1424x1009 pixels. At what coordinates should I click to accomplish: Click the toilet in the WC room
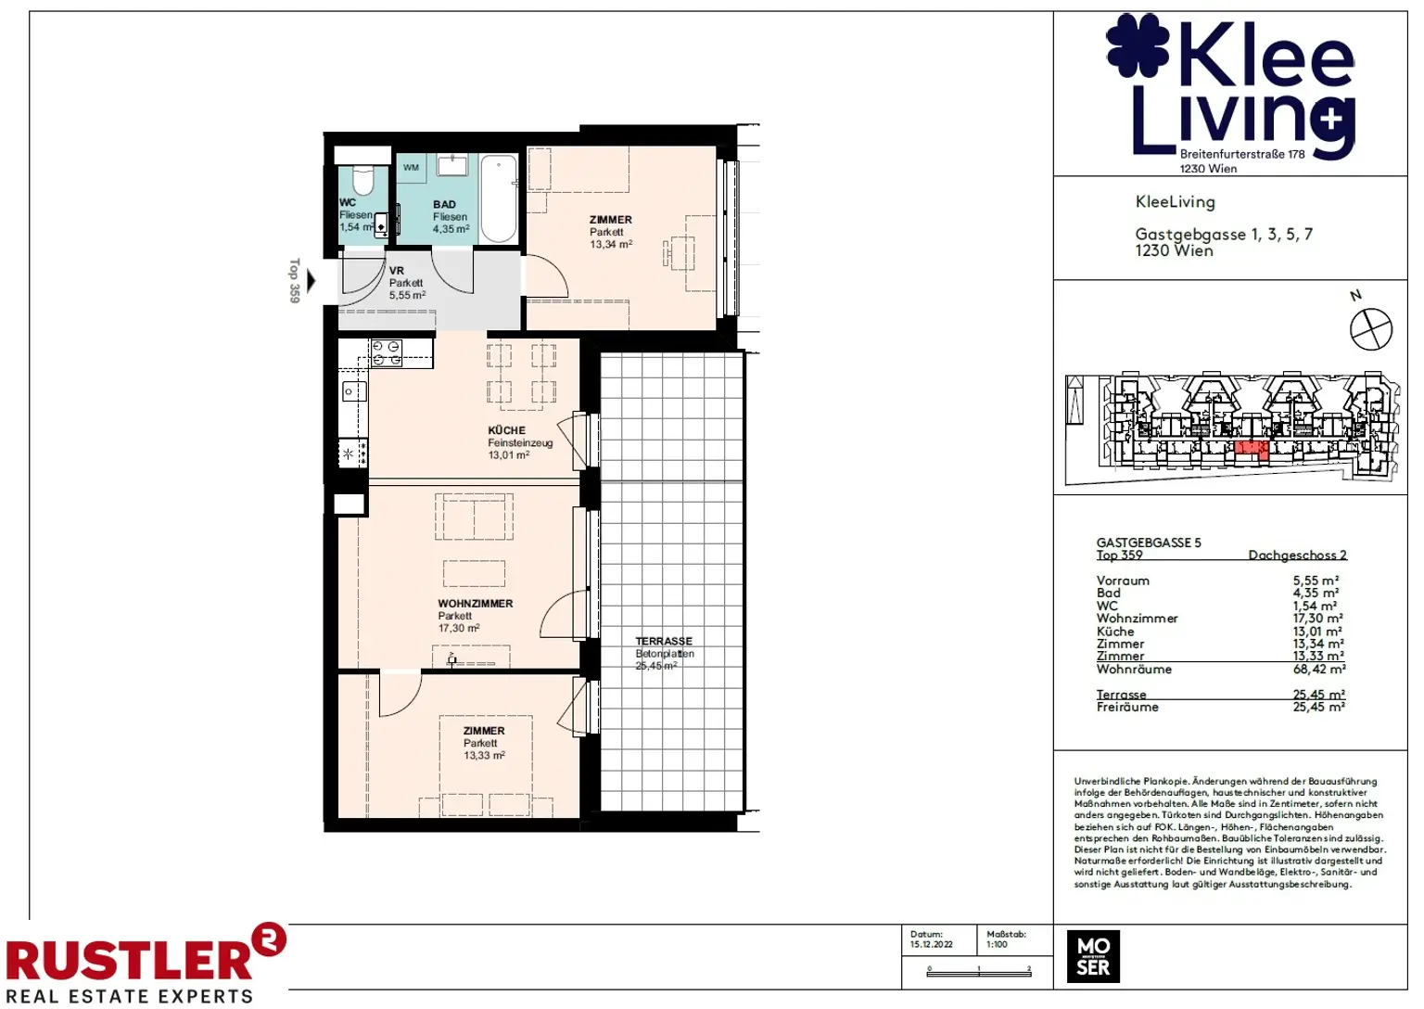click(x=362, y=177)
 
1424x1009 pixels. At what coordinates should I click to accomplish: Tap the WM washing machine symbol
click(x=411, y=168)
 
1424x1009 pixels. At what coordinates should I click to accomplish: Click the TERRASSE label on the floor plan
click(x=664, y=641)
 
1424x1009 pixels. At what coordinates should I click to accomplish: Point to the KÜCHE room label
click(x=506, y=430)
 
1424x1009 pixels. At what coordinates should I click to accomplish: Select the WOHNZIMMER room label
click(x=475, y=604)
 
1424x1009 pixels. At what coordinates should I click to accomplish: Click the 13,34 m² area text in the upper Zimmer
click(x=611, y=245)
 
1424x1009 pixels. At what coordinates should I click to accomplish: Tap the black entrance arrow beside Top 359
click(x=311, y=280)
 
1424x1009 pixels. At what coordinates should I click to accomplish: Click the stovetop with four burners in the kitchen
click(x=386, y=353)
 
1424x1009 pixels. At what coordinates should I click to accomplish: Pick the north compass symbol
click(x=1370, y=329)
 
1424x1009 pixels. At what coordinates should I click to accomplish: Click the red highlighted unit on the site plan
click(x=1251, y=450)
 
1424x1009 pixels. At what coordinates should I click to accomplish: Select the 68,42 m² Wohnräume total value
click(x=1318, y=669)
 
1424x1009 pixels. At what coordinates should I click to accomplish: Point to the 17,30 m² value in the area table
click(x=1317, y=618)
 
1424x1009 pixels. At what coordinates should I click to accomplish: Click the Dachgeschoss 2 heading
click(x=1297, y=555)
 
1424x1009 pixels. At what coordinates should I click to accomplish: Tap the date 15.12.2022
click(x=931, y=945)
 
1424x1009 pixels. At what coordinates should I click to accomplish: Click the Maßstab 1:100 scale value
click(x=997, y=945)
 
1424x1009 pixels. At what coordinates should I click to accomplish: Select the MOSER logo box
click(x=1093, y=956)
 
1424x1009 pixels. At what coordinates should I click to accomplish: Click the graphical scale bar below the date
click(x=978, y=970)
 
